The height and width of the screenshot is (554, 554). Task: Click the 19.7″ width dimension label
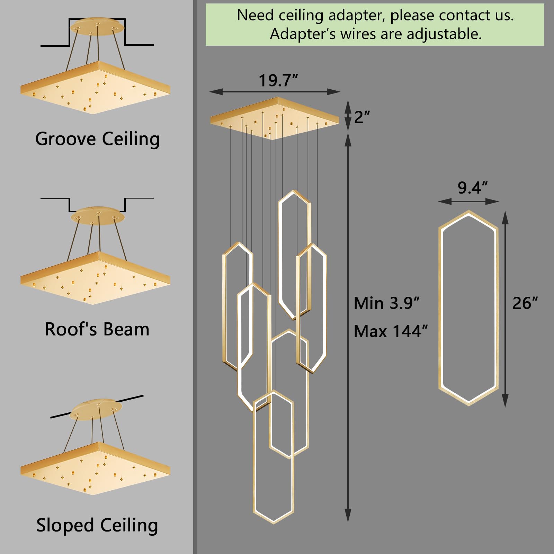pos(278,81)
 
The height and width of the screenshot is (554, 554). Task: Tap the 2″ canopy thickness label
pos(362,117)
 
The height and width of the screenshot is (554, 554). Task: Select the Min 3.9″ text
pos(386,303)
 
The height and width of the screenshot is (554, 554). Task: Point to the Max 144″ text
pos(391,331)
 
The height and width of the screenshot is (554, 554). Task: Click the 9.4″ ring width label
pos(472,188)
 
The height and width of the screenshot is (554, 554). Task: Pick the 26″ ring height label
pos(525,303)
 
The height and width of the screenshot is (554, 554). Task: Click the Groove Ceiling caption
pos(97,139)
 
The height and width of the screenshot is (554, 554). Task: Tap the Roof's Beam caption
pos(97,329)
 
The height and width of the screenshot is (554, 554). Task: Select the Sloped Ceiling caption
pos(97,526)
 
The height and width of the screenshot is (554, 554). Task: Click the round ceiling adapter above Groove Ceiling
pos(97,26)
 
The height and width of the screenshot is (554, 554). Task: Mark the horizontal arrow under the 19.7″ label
pos(275,92)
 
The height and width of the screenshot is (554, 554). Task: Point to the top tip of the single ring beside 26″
pos(469,211)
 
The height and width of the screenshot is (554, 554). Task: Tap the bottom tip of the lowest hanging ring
pos(274,522)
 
